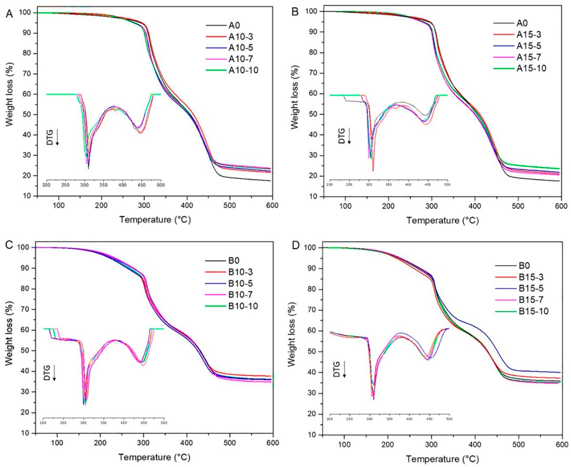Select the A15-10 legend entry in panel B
[x=531, y=68]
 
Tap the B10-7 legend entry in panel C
[x=240, y=295]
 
